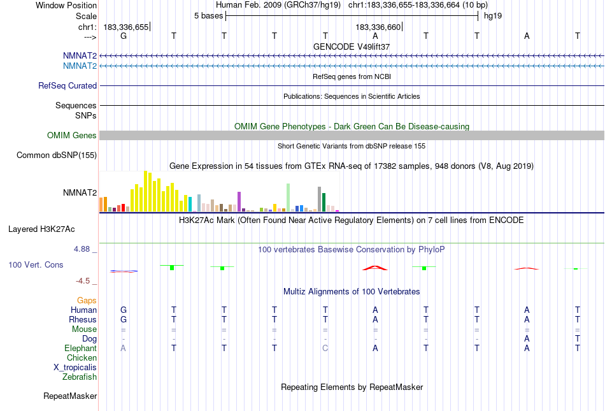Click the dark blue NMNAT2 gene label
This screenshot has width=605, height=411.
pos(80,55)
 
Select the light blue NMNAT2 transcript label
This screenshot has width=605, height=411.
pos(80,66)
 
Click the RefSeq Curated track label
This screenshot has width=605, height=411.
pos(68,85)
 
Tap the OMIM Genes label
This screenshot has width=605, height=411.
pos(72,135)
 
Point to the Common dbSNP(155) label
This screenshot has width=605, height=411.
pos(57,155)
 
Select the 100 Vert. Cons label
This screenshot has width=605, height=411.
pos(36,264)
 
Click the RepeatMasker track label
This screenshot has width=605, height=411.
pos(70,396)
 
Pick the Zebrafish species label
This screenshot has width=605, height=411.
pos(80,377)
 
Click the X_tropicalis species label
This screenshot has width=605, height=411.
pos(75,367)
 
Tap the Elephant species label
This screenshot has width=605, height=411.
pos(80,348)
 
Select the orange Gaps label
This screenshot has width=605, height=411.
pos(87,300)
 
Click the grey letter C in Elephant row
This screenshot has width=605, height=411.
pos(325,348)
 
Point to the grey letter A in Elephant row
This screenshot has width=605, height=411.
pos(124,348)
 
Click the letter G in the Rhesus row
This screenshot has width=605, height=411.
pos(124,319)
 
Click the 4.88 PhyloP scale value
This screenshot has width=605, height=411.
pos(84,249)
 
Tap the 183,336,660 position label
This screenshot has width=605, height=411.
pos(378,27)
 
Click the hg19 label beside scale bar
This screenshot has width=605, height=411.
pos(493,15)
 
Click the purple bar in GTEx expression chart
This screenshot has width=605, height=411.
pos(239,201)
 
